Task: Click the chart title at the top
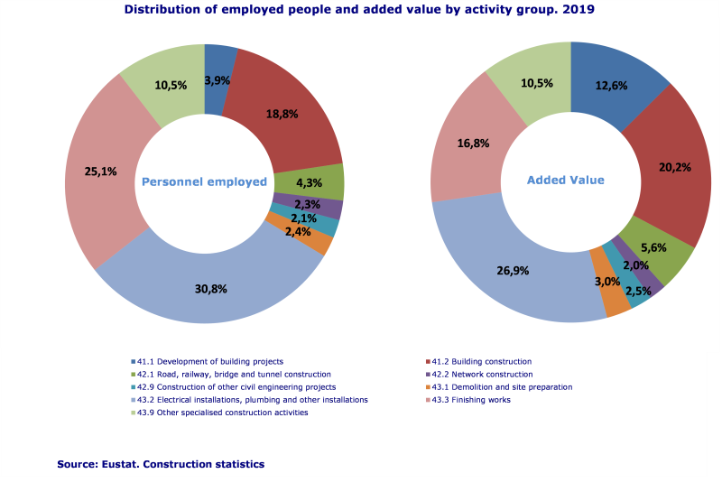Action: click(x=359, y=10)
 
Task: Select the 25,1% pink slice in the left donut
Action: click(x=101, y=172)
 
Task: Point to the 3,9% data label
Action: click(x=218, y=80)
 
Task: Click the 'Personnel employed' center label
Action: click(x=205, y=181)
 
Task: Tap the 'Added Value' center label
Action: click(x=566, y=180)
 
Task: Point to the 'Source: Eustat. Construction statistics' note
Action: click(x=161, y=463)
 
